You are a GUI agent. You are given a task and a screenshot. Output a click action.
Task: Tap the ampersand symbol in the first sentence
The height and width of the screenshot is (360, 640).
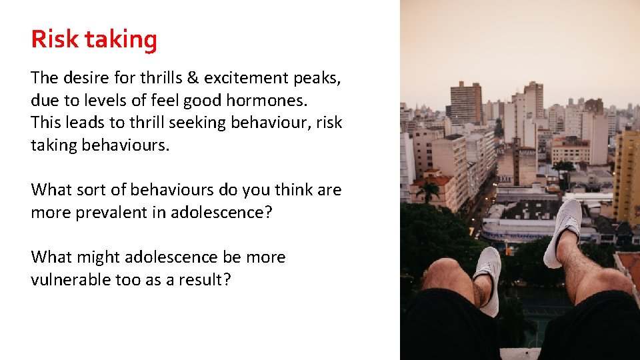[193, 78]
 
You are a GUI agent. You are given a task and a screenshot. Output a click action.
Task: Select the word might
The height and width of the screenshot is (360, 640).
[99, 258]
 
